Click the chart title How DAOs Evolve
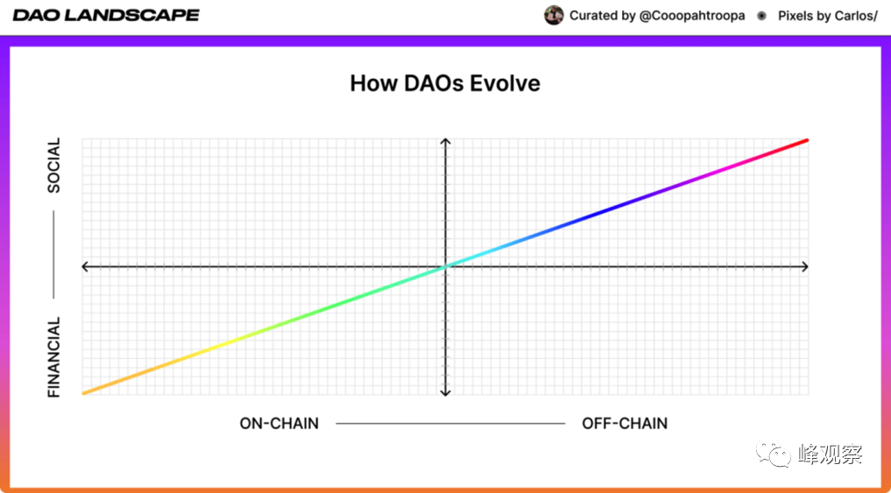point(445,83)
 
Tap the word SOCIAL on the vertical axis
point(54,166)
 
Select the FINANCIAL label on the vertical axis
point(54,357)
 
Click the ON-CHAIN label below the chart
point(279,424)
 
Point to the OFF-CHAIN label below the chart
point(625,424)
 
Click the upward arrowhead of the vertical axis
point(445,142)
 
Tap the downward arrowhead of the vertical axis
point(445,392)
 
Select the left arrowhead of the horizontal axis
point(87,266)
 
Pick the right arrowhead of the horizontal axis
point(804,266)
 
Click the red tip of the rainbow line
point(805,141)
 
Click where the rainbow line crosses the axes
point(445,266)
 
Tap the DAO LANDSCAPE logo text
point(106,16)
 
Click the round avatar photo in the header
point(554,16)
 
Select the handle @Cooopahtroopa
point(692,16)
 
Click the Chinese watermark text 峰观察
point(831,454)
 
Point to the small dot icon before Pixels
point(761,16)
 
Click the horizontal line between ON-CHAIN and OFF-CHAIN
point(450,424)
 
